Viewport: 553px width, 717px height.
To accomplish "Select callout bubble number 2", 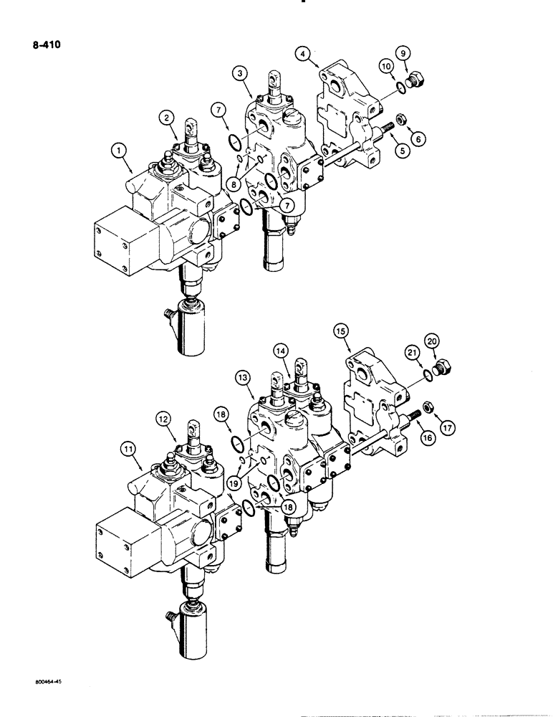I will click(165, 117).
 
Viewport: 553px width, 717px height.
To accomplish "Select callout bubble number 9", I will click(423, 52).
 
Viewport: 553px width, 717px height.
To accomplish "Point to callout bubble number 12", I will click(164, 417).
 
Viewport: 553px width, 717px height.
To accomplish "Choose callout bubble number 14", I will click(279, 351).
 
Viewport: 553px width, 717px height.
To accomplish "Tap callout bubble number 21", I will click(431, 352).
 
